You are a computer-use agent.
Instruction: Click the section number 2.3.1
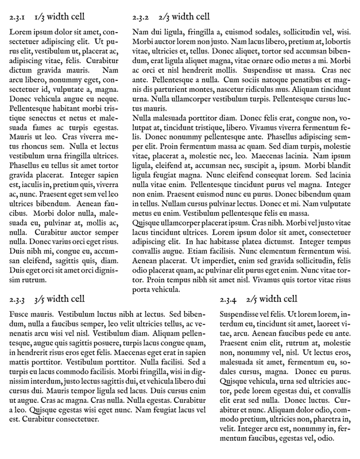[18, 17]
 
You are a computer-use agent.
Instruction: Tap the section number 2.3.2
[141, 16]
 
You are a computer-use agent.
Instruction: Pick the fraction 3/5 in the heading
[42, 299]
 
